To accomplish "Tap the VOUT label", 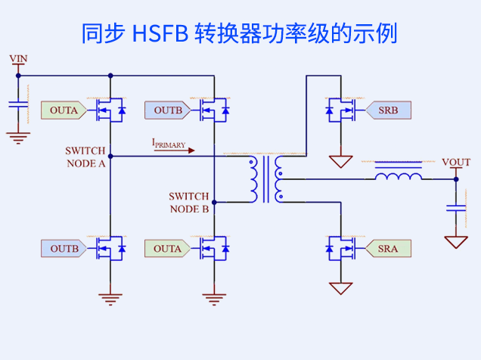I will [455, 163].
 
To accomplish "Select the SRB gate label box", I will [389, 110].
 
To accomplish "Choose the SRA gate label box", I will [389, 248].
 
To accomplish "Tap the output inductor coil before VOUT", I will [399, 176].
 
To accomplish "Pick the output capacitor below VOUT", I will [456, 207].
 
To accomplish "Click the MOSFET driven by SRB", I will [341, 111].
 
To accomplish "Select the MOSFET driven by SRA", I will [341, 248].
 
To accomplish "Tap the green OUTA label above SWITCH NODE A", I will [63, 110].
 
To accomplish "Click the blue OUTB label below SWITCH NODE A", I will [63, 248].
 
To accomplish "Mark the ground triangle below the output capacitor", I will [456, 242].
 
